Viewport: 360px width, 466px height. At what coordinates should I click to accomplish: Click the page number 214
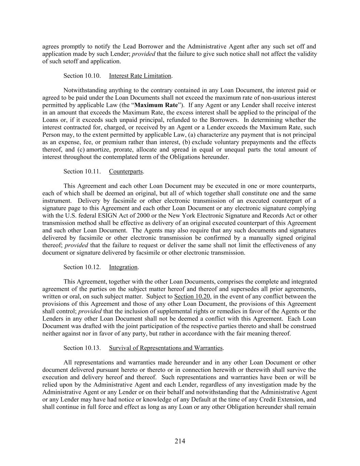point(180,441)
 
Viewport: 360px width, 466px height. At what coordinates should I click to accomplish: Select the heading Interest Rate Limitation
point(140,76)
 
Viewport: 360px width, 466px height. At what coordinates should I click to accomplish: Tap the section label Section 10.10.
point(82,76)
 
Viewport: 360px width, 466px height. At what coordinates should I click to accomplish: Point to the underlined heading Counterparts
point(126,171)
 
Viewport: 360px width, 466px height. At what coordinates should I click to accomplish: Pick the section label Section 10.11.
point(82,171)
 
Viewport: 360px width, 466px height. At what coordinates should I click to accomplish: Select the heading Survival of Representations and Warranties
point(165,348)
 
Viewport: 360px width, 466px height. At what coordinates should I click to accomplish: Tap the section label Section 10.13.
point(82,348)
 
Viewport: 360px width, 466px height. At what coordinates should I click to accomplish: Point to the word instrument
point(57,201)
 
